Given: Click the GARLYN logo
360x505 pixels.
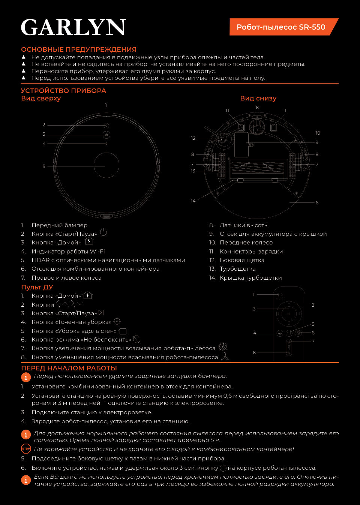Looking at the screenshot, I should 73,27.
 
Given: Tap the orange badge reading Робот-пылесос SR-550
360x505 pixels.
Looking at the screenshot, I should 281,27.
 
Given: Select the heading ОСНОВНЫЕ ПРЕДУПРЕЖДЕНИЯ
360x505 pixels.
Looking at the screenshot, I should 79,49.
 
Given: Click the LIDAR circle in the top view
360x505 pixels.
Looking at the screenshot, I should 106,165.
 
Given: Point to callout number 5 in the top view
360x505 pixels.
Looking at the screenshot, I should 44,166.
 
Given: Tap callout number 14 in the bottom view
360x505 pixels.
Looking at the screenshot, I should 193,201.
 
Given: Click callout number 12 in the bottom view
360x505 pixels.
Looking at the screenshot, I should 193,138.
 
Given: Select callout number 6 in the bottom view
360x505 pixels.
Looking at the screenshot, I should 317,203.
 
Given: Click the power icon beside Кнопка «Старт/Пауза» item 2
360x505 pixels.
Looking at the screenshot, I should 103,232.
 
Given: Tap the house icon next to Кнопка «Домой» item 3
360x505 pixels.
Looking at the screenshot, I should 89,241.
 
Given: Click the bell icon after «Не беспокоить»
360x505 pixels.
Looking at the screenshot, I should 136,339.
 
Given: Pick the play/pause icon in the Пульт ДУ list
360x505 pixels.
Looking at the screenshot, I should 101,313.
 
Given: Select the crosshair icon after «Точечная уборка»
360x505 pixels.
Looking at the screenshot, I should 117,321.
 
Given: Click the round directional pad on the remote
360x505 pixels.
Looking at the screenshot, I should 289,313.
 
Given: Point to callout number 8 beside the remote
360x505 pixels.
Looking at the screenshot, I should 254,353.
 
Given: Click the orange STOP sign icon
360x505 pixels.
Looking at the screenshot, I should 26,448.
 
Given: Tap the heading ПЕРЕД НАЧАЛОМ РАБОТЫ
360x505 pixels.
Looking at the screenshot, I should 69,368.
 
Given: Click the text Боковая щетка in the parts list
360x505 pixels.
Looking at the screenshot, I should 242,260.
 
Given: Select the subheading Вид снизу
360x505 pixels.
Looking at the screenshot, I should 258,98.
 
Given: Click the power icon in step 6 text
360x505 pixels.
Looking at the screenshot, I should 223,468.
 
